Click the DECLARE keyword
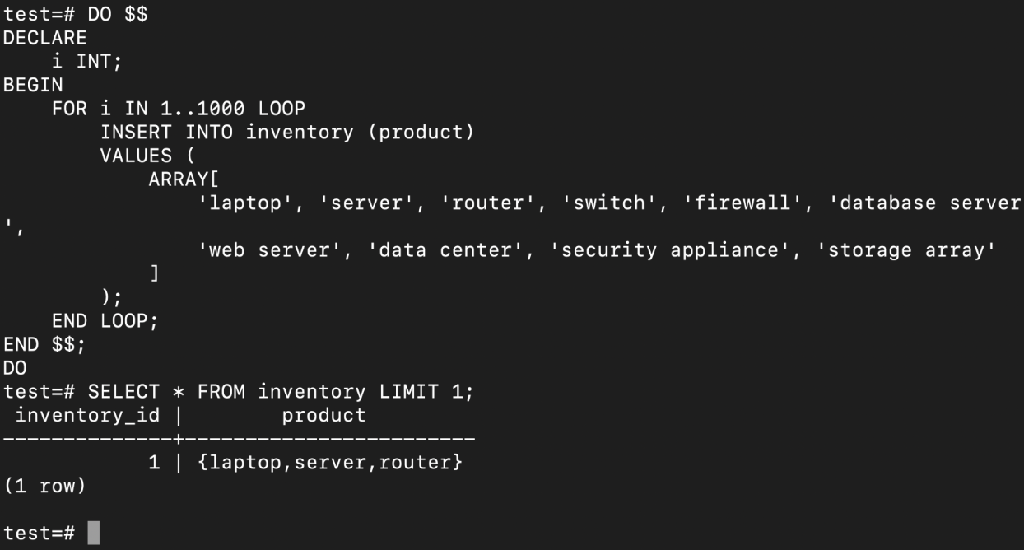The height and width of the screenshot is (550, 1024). click(x=44, y=38)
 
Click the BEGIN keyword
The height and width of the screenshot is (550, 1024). click(x=33, y=85)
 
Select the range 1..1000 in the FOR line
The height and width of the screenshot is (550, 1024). click(x=202, y=109)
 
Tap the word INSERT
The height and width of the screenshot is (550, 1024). click(x=136, y=133)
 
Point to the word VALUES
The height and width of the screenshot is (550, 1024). click(x=136, y=156)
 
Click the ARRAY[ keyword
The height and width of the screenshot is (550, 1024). click(x=184, y=179)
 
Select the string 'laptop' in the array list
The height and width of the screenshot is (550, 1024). click(x=244, y=203)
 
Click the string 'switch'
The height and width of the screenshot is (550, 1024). click(x=609, y=203)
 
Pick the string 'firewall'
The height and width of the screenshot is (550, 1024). click(x=742, y=203)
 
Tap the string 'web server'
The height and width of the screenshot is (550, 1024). click(x=269, y=250)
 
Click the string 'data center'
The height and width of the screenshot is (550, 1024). click(x=445, y=250)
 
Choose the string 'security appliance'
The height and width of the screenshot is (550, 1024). click(x=668, y=250)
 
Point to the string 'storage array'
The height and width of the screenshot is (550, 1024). click(x=905, y=250)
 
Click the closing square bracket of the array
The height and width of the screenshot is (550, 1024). click(x=155, y=273)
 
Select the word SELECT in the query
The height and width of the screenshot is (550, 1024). click(x=123, y=392)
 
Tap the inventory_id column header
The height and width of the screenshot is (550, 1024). click(x=87, y=416)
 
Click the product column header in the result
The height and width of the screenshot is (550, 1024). click(x=323, y=416)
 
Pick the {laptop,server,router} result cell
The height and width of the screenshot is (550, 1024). click(x=329, y=463)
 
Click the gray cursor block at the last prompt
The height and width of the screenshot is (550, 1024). click(x=94, y=533)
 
